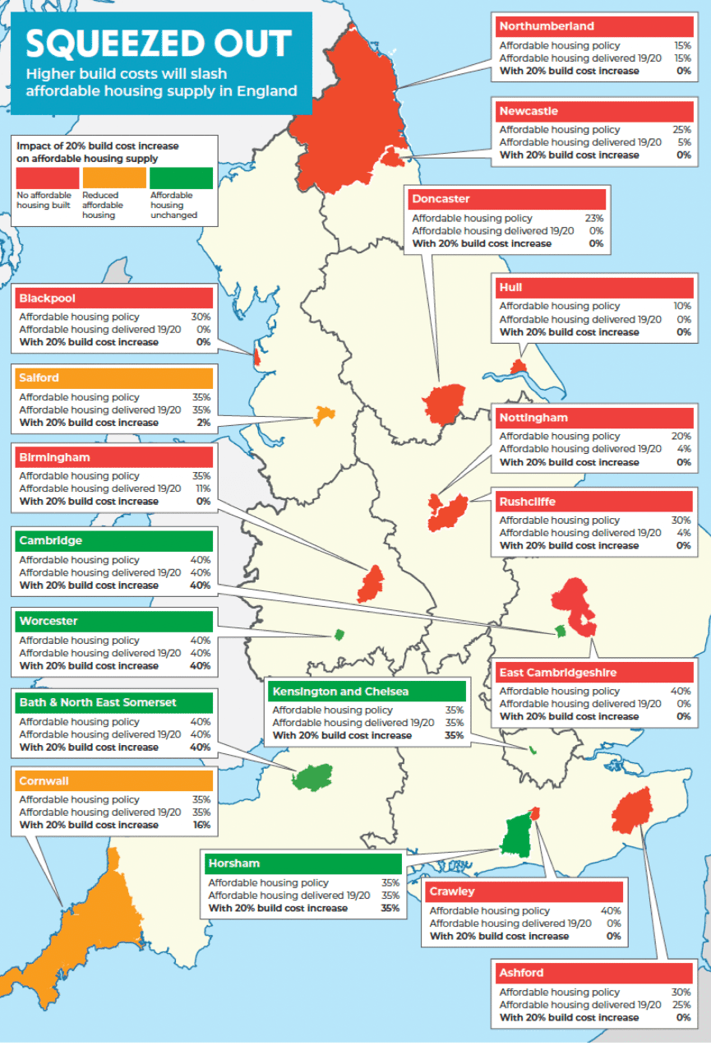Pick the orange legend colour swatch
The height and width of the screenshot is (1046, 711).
[x=113, y=178]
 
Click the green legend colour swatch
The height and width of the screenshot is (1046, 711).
[x=181, y=178]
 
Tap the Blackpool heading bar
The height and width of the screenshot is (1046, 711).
[x=113, y=298]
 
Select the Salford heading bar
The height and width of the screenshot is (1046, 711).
[x=113, y=378]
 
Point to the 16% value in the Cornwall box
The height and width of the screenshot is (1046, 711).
[x=201, y=825]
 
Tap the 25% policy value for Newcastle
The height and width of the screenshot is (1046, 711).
[x=682, y=129]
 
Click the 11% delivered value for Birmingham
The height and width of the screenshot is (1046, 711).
[x=202, y=488]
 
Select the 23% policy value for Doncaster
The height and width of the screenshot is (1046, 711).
[x=594, y=219]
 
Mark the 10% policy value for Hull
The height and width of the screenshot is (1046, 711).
[x=682, y=306]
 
